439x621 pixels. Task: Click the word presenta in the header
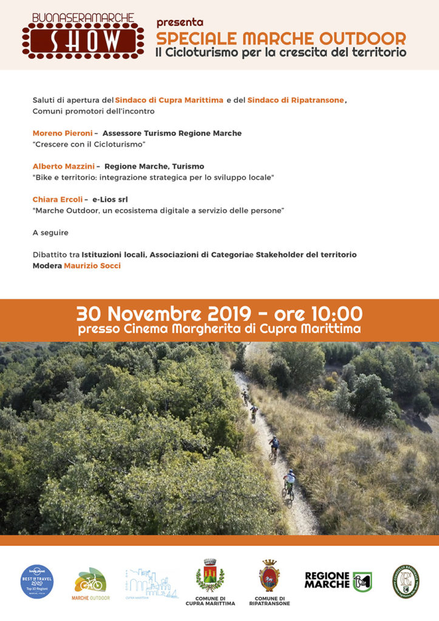(x=180, y=22)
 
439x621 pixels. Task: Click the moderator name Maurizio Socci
(x=92, y=266)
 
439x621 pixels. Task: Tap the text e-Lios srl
(x=110, y=199)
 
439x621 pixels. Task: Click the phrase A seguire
(x=50, y=232)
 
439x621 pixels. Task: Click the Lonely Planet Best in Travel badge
(x=37, y=581)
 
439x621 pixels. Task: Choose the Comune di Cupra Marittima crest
(x=210, y=576)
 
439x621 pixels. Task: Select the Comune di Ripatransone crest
(x=270, y=576)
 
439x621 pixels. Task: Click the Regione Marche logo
(x=338, y=580)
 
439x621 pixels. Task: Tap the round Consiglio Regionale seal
(x=405, y=581)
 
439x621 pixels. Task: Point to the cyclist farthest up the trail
(x=245, y=396)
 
